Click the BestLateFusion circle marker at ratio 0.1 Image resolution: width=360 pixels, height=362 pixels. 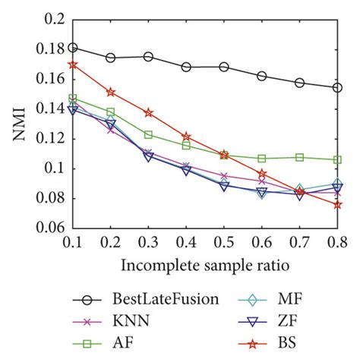(73, 47)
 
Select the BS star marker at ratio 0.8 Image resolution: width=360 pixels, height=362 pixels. (337, 204)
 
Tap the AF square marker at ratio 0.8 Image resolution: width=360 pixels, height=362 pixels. (337, 160)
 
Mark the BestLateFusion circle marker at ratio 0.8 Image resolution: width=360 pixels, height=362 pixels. (337, 87)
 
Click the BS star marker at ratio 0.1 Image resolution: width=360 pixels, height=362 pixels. (73, 65)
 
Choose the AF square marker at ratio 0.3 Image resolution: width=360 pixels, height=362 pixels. (148, 134)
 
